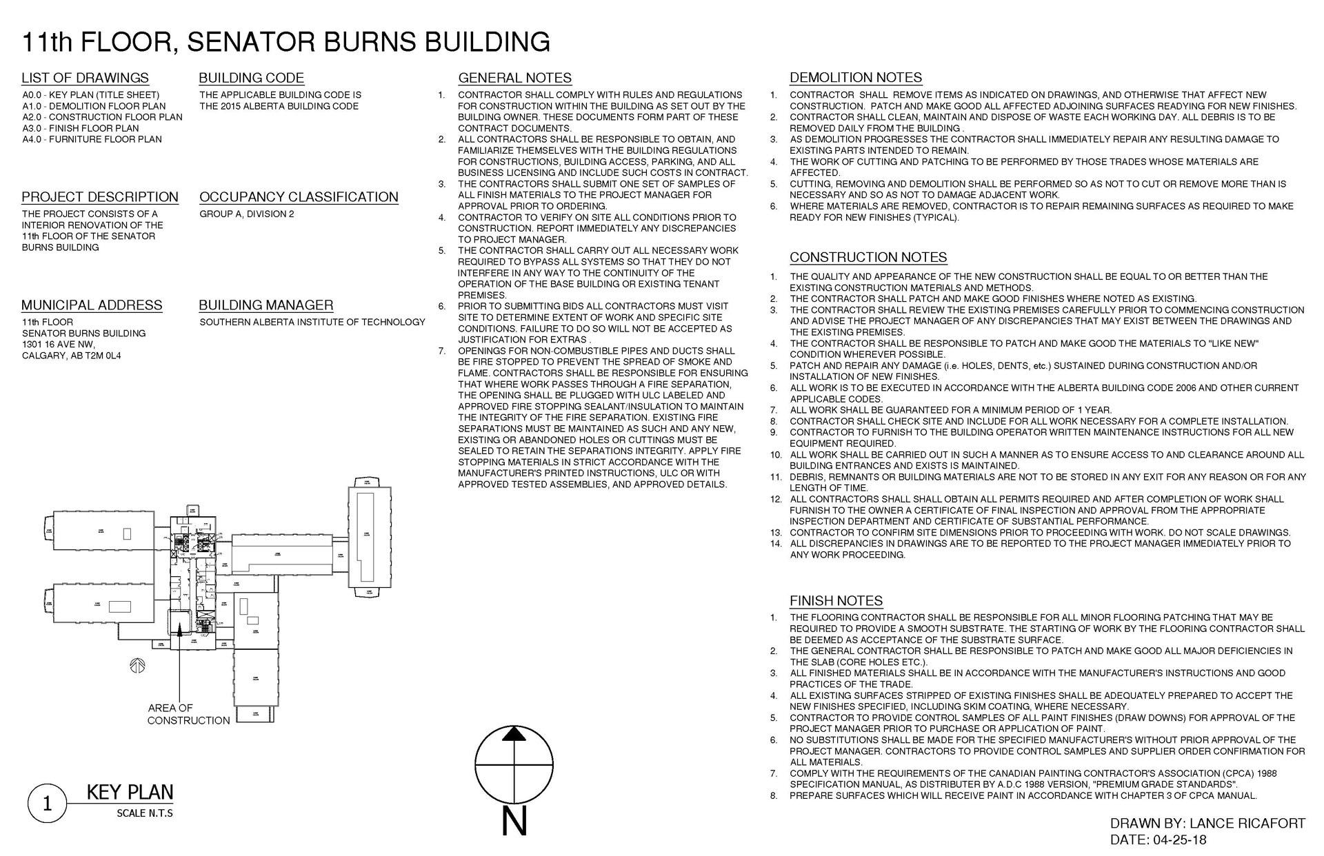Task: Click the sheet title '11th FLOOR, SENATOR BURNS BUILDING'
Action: tap(286, 42)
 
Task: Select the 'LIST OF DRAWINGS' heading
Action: tap(85, 78)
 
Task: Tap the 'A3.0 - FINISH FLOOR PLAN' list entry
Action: tap(81, 128)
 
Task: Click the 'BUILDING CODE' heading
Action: tap(251, 78)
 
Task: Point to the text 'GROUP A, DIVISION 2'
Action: tap(247, 214)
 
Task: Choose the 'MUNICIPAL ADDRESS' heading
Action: tap(92, 305)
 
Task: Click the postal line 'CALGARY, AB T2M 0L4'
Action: tap(71, 356)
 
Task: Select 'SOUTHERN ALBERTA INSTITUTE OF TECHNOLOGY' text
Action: tap(312, 323)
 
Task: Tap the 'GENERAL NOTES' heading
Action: tap(515, 79)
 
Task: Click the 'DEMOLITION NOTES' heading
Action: tap(856, 78)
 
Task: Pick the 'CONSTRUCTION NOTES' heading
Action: tap(868, 258)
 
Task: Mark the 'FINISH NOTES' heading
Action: tap(836, 601)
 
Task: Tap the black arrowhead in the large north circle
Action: tap(514, 734)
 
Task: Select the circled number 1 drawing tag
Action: tap(47, 804)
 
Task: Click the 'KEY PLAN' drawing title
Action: tap(130, 793)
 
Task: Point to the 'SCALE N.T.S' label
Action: tap(145, 814)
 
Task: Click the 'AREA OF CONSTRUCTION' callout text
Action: tap(188, 714)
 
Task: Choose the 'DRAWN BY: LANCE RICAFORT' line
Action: tap(1207, 824)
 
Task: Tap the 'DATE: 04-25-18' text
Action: tap(1158, 840)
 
